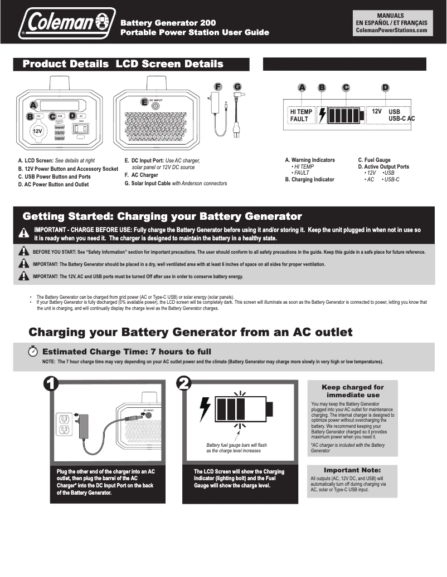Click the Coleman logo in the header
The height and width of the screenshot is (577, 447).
[x=67, y=24]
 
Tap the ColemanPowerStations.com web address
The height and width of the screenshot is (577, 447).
[x=391, y=31]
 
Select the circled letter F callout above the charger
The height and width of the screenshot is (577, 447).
[x=218, y=87]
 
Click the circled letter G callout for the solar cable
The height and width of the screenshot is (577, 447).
[x=237, y=87]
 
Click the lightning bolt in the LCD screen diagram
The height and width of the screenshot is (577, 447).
[x=322, y=116]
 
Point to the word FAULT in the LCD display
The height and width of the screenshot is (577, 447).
[x=299, y=120]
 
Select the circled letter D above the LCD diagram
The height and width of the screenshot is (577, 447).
[x=385, y=88]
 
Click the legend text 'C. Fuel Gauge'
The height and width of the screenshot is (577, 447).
[x=374, y=160]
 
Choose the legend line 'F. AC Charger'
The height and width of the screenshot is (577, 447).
[x=142, y=175]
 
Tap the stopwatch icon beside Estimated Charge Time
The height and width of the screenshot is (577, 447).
[x=33, y=352]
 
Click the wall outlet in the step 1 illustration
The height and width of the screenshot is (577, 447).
[x=64, y=424]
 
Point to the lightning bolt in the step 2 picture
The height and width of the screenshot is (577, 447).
[x=205, y=409]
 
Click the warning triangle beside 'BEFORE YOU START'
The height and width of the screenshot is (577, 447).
[x=23, y=251]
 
